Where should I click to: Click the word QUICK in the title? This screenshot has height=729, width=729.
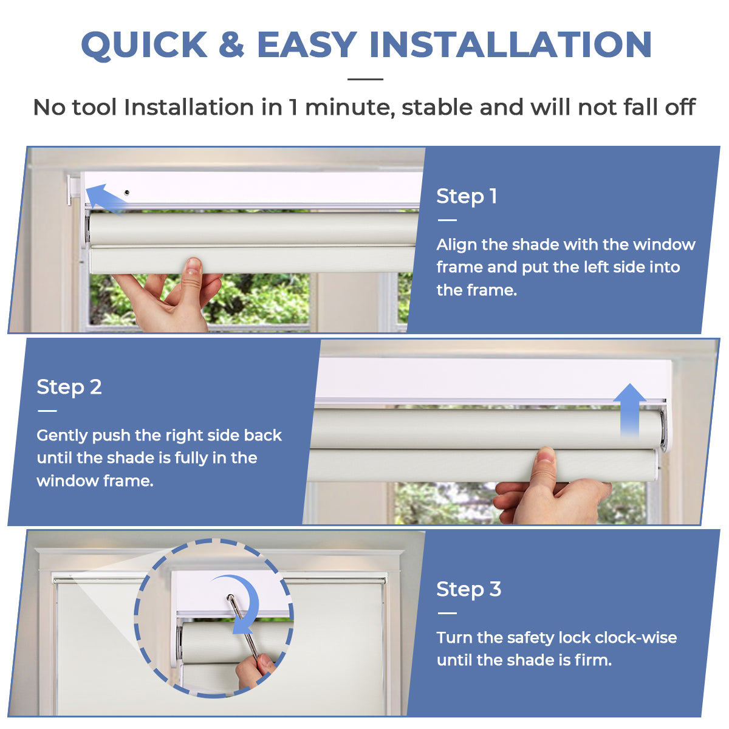click(145, 46)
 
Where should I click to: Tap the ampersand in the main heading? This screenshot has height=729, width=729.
click(231, 46)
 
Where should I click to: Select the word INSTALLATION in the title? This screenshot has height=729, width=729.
click(510, 46)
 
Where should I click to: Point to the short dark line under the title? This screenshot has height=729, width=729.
click(365, 79)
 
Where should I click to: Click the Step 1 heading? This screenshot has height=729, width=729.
click(467, 196)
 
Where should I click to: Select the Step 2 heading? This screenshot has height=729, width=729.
click(69, 387)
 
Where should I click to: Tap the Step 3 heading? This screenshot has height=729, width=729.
click(468, 589)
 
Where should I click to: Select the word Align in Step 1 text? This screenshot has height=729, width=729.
click(456, 245)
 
